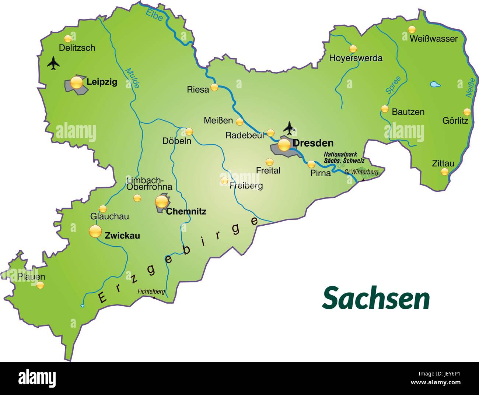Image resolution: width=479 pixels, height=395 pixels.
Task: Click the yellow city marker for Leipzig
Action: (x=77, y=82)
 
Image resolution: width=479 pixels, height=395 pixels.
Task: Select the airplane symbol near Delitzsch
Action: (x=54, y=63)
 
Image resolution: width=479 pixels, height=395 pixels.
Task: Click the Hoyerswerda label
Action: (x=356, y=58)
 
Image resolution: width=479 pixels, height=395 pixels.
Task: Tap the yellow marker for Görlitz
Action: (x=467, y=112)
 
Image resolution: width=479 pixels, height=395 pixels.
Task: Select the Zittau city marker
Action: (x=445, y=172)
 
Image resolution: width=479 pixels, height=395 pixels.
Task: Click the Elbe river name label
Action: (x=154, y=14)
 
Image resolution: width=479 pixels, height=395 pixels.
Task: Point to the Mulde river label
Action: (x=132, y=78)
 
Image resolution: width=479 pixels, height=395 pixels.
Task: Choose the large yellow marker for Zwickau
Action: (x=95, y=232)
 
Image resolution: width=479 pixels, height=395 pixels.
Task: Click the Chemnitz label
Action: (x=186, y=212)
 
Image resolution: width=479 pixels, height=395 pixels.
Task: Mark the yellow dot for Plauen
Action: (x=40, y=285)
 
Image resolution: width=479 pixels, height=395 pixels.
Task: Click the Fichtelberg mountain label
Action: (x=151, y=291)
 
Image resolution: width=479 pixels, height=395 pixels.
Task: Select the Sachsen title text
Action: (x=376, y=299)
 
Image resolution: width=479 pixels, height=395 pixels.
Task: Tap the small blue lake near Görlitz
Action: (x=435, y=84)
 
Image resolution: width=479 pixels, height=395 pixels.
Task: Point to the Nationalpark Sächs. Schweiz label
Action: (x=344, y=158)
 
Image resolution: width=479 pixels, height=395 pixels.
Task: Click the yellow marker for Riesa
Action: (x=214, y=88)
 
